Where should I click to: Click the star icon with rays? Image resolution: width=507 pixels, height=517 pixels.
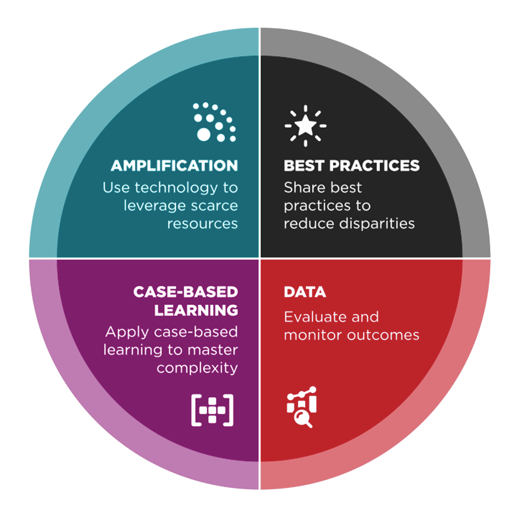[x=305, y=126]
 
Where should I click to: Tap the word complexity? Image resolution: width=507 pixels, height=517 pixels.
[x=197, y=368]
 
